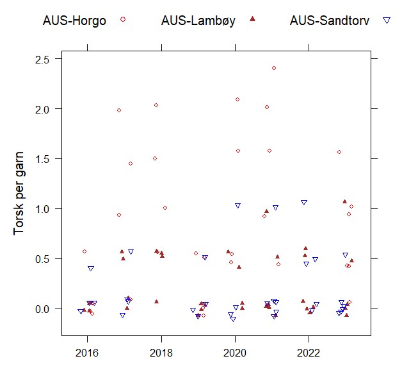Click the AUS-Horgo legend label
coord(76,20)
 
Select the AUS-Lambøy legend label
coord(198,20)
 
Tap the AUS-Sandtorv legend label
coord(330,20)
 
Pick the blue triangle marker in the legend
coord(387,20)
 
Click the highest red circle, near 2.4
coord(274,68)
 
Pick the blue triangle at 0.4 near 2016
coord(91,269)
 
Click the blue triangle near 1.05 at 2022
coord(304,203)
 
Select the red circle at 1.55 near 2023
coord(339,152)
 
